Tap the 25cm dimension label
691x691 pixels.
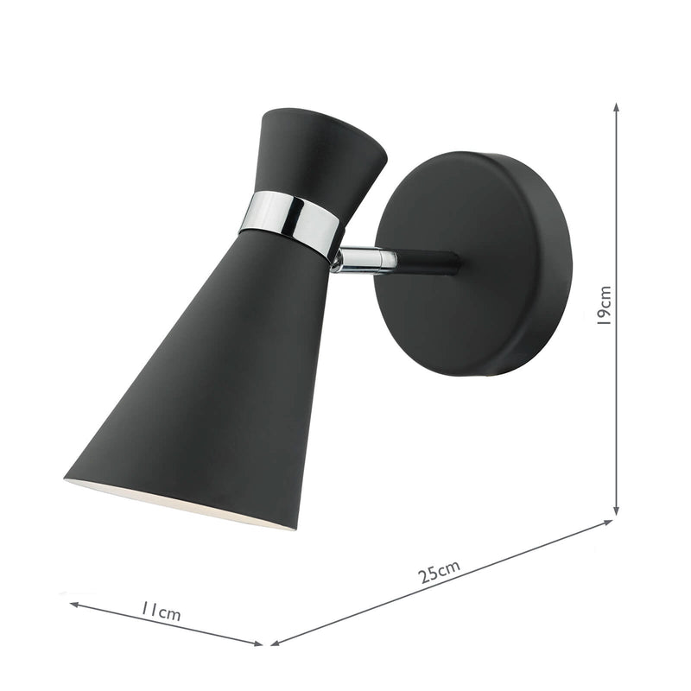(x=441, y=571)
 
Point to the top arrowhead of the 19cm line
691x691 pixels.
(x=617, y=106)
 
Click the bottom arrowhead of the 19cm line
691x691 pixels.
(x=617, y=511)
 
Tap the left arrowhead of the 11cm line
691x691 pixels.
(x=73, y=605)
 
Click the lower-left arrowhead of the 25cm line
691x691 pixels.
(x=275, y=643)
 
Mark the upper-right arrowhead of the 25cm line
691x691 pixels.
(x=609, y=522)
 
